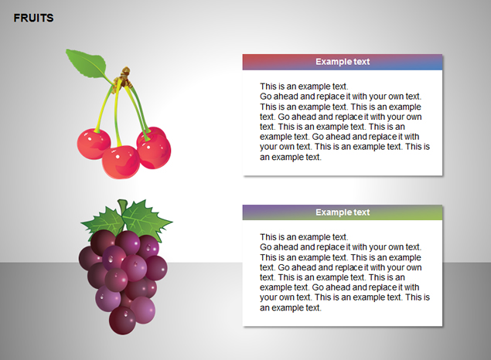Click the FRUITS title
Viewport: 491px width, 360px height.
point(33,18)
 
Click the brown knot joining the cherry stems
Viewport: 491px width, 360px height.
point(124,78)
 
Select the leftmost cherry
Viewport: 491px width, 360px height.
point(94,144)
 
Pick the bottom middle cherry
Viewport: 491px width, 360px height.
point(121,162)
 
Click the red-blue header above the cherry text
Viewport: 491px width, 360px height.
point(343,62)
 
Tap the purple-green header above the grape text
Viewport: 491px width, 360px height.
point(343,212)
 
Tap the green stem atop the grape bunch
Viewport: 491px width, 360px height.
point(123,206)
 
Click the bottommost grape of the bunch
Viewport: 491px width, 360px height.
point(122,321)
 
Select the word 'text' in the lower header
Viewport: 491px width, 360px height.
point(362,212)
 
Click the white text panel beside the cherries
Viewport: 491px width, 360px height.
point(343,123)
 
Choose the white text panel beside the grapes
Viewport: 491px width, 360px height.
point(343,273)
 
